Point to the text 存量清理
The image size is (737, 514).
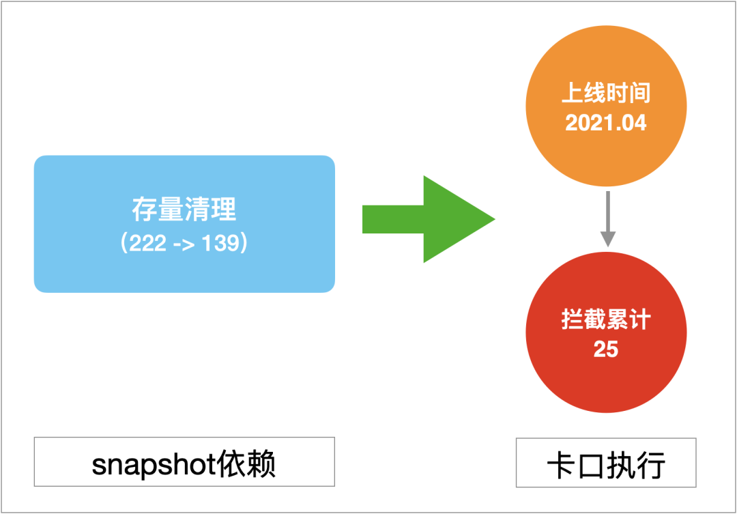[184, 209]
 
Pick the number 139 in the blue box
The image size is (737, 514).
[220, 244]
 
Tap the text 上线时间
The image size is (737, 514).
[606, 94]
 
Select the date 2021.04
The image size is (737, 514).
[606, 123]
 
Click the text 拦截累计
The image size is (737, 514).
[606, 319]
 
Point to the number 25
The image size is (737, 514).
[606, 349]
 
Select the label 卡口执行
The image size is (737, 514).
[606, 466]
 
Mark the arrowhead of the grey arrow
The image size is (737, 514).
[607, 238]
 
